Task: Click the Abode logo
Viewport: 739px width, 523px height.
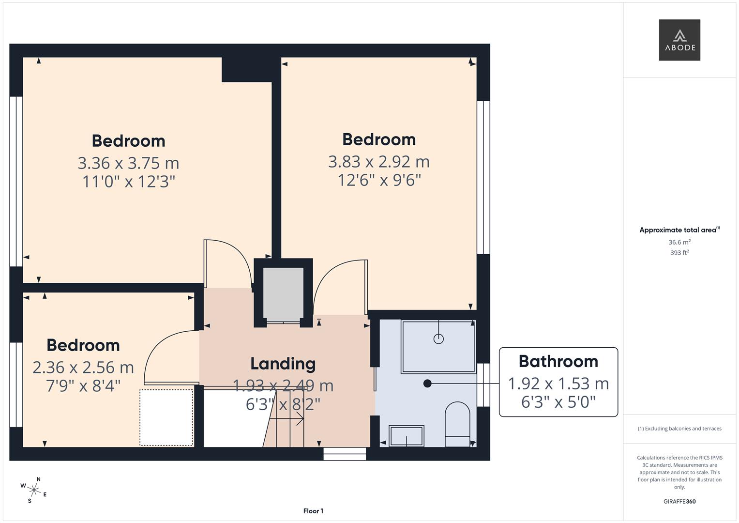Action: (x=679, y=40)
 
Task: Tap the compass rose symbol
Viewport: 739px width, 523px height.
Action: (x=34, y=490)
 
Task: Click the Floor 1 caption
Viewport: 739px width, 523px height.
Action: (x=313, y=511)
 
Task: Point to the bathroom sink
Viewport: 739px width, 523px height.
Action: (x=407, y=436)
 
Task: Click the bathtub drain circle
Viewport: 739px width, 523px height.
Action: (x=438, y=339)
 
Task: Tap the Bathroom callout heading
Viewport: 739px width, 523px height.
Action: (x=558, y=361)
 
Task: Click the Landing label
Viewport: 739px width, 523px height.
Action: (x=283, y=364)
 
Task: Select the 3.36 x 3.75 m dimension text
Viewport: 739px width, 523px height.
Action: (x=128, y=163)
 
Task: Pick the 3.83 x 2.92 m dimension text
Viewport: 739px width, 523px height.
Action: (x=378, y=162)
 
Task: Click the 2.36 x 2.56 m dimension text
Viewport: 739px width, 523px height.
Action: (x=83, y=368)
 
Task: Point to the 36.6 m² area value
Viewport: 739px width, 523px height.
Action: (x=679, y=242)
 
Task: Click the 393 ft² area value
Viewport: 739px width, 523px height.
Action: (x=679, y=253)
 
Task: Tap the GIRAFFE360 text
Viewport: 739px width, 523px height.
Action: (x=679, y=501)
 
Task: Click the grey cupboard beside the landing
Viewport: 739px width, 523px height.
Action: (x=283, y=293)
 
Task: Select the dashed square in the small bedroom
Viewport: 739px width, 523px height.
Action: (x=166, y=417)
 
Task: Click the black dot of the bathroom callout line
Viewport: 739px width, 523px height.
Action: (x=427, y=384)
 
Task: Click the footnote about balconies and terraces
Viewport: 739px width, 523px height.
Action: (x=679, y=429)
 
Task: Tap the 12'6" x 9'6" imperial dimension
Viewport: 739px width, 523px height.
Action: (x=378, y=180)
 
